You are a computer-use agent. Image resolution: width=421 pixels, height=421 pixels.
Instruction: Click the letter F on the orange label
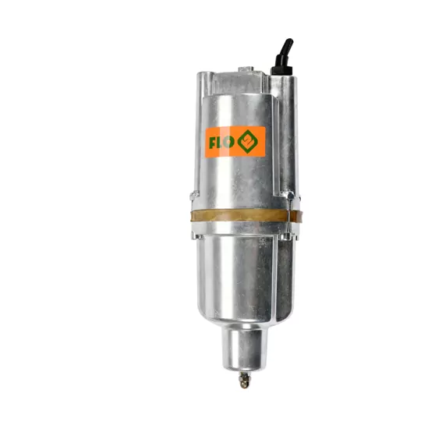pyautogui.click(x=213, y=143)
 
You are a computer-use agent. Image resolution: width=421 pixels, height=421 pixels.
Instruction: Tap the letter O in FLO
pyautogui.click(x=228, y=143)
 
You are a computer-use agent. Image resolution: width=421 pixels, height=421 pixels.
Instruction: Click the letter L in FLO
pyautogui.click(x=220, y=143)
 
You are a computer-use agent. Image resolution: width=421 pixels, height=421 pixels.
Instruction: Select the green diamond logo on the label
pyautogui.click(x=248, y=141)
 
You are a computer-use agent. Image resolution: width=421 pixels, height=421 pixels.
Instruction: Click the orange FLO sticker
pyautogui.click(x=235, y=142)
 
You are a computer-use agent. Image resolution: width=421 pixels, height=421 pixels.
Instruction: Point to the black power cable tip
pyautogui.click(x=290, y=41)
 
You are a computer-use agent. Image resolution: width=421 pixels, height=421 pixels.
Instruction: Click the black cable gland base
pyautogui.click(x=281, y=71)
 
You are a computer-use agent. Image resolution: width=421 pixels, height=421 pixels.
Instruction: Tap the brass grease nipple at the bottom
pyautogui.click(x=244, y=380)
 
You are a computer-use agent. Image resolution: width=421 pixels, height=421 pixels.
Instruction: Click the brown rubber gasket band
pyautogui.click(x=246, y=216)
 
